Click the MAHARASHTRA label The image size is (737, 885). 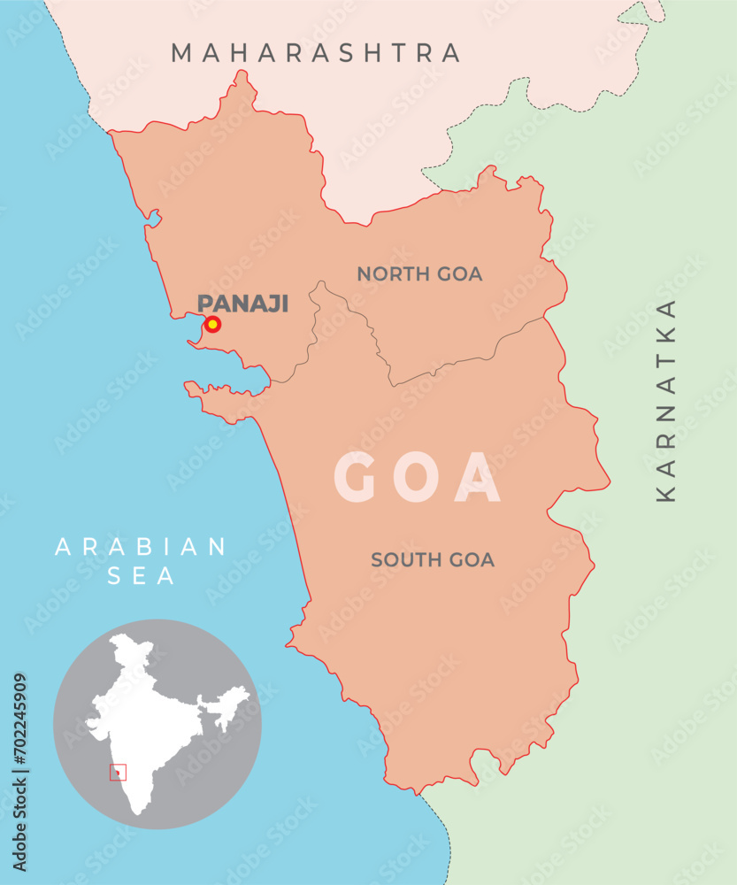pos(316,53)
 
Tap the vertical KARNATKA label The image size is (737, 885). pos(666,401)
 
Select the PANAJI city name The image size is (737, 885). pos(243,304)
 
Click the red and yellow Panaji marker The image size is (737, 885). pos(212,325)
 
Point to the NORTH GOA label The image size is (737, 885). pos(419,274)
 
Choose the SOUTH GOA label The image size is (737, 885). pos(433,559)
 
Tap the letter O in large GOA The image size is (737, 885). pos(418,478)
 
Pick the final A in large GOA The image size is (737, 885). pos(479,478)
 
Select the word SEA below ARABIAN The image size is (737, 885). pos(142,577)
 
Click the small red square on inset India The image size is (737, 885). pos(118,773)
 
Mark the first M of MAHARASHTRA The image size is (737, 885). pos(181,53)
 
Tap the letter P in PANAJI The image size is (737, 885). pos(204,304)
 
